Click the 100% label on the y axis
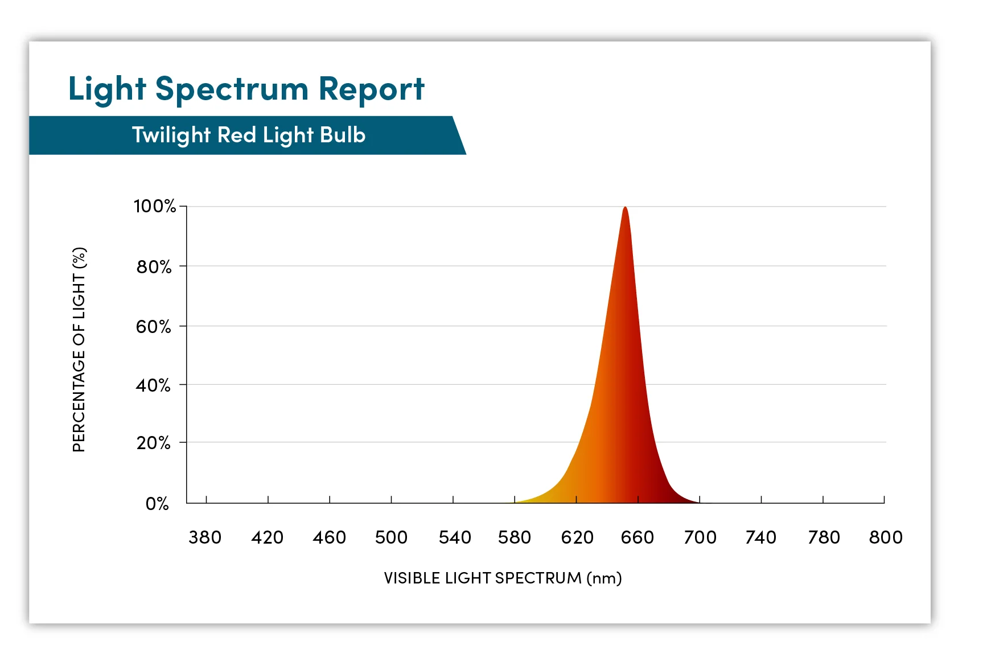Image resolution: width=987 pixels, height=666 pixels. [154, 206]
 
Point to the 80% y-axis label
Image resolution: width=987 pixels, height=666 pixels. [154, 266]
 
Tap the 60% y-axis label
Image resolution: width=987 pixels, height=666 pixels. [153, 326]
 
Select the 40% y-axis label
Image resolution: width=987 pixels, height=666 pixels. [153, 385]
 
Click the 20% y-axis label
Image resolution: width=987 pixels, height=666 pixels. [153, 443]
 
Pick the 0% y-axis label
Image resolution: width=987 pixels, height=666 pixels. [157, 504]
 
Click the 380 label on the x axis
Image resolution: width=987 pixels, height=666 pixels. [205, 537]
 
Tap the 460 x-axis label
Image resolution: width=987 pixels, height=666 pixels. [329, 537]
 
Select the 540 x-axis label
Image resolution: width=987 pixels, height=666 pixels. [454, 537]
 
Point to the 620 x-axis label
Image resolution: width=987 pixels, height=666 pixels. [577, 537]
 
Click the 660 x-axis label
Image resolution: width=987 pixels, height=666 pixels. [638, 537]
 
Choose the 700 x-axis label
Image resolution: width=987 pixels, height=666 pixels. [700, 537]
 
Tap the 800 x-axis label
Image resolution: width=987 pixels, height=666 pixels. [886, 537]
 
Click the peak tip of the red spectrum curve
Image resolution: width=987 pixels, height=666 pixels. [625, 208]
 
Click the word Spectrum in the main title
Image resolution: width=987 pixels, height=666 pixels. [232, 90]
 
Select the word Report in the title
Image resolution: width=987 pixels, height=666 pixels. [371, 89]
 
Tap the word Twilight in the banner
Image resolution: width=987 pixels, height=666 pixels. [171, 135]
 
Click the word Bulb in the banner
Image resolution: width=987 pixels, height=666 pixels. [343, 135]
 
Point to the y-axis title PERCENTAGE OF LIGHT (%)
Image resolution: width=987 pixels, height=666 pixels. [79, 350]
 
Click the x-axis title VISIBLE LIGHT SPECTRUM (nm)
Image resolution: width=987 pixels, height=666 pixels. [503, 578]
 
